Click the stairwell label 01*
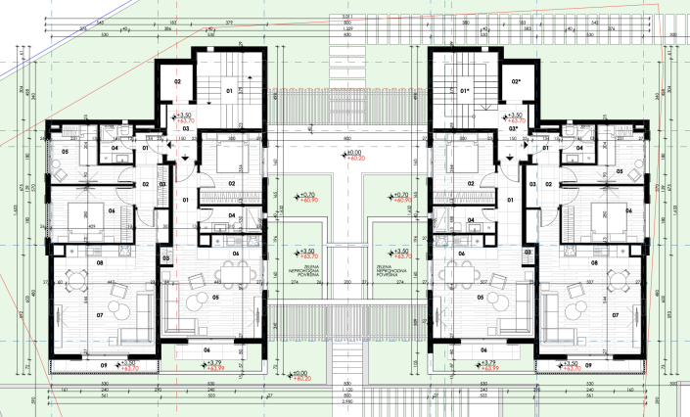[x=466, y=92]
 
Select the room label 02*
[x=516, y=81]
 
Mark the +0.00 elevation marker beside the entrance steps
[x=299, y=374]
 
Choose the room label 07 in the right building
[x=615, y=315]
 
